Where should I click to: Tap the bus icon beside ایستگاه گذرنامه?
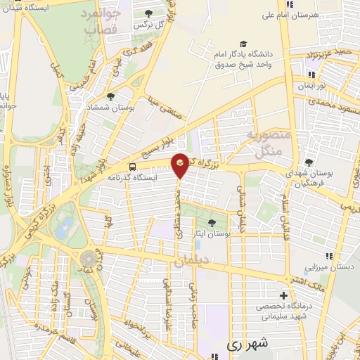click(x=133, y=167)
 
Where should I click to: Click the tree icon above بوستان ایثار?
click(x=212, y=224)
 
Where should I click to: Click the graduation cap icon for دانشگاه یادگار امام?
click(x=243, y=43)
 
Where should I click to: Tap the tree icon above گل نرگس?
click(x=148, y=13)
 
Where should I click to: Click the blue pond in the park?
click(x=65, y=226)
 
